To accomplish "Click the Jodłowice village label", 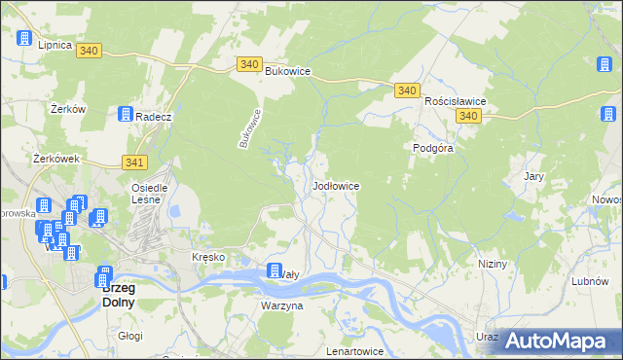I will point(337,185).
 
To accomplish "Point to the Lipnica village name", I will point(55,45).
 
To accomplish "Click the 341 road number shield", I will point(134,162).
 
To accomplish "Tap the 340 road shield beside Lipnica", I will point(89,51).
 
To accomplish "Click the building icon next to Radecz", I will point(125,114).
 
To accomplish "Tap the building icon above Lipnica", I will point(23,38).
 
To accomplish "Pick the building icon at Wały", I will point(275,271).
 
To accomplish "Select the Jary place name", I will point(532,177).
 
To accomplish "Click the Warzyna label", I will point(282,306).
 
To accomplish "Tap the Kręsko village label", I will point(208,257).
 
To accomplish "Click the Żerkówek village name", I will point(55,159).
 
